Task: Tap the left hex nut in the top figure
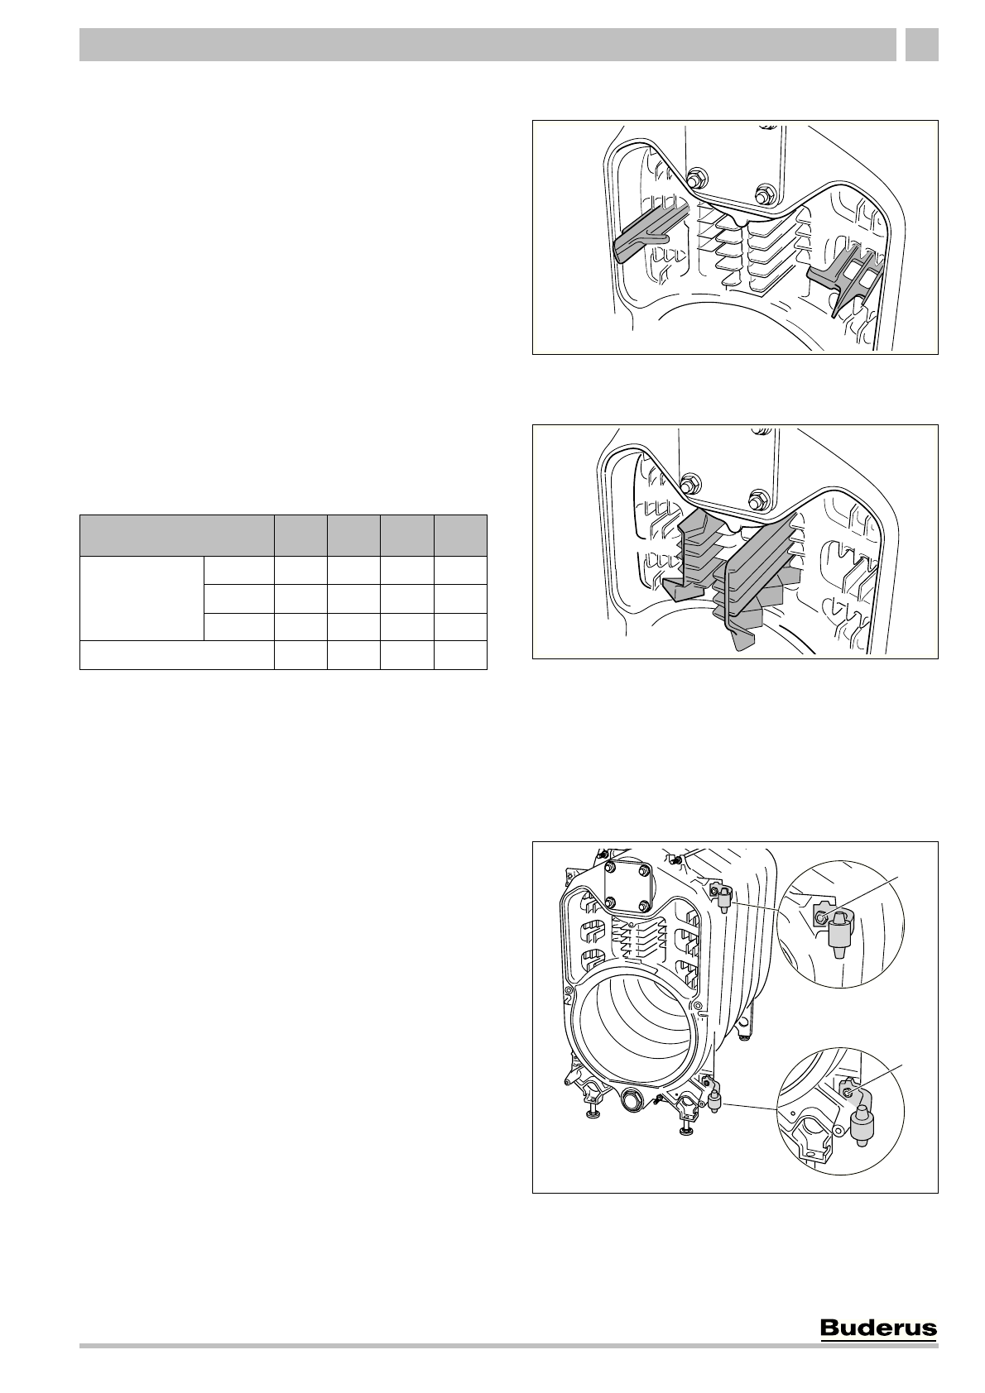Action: [694, 180]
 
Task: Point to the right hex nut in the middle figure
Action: [755, 499]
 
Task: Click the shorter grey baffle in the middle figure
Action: [687, 554]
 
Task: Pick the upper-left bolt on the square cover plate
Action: [612, 868]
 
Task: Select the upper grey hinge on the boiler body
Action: [722, 895]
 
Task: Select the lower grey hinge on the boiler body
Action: [713, 1099]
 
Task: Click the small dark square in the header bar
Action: [921, 45]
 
